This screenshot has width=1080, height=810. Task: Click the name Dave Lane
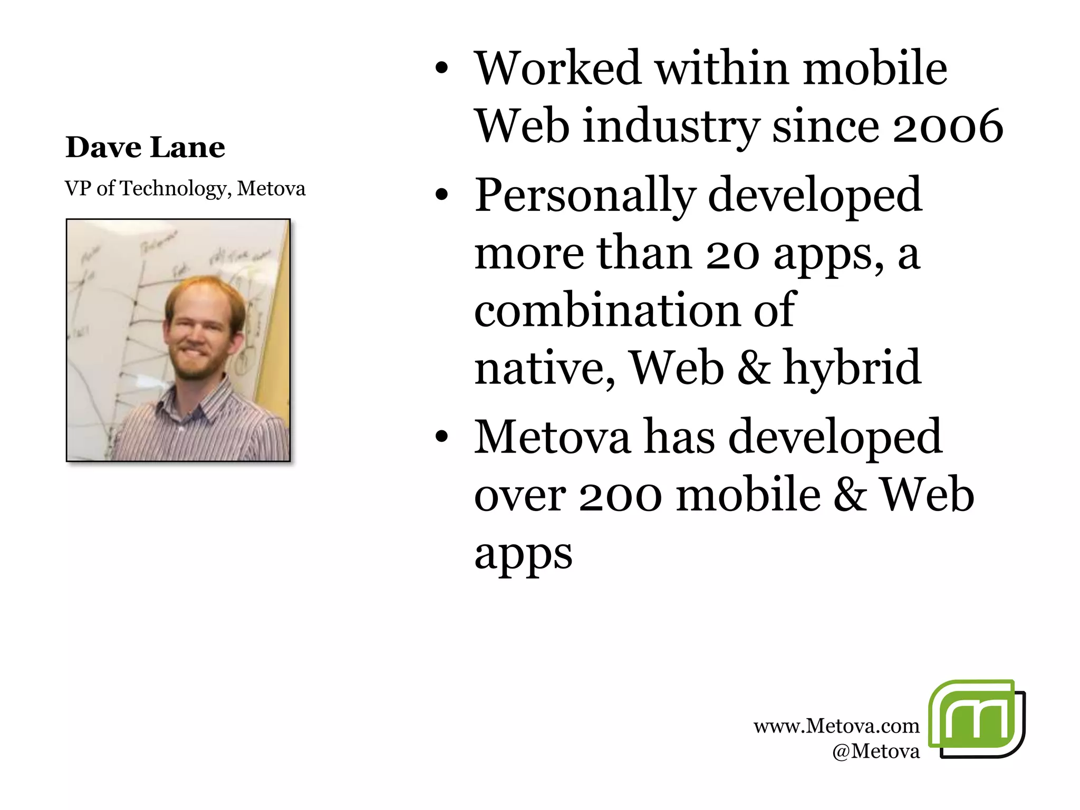[x=145, y=147]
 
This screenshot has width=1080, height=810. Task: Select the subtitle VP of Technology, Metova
[x=185, y=188]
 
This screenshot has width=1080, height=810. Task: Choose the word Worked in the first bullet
[x=557, y=69]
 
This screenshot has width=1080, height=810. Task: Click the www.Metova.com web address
[x=836, y=726]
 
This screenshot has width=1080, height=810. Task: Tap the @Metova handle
[x=875, y=751]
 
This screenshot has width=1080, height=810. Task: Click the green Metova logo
[x=976, y=719]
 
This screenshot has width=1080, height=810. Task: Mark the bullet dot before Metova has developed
[x=442, y=437]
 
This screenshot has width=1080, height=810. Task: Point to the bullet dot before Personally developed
[x=442, y=195]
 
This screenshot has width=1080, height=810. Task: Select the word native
[x=543, y=368]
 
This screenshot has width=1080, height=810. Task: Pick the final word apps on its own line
[x=523, y=554]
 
